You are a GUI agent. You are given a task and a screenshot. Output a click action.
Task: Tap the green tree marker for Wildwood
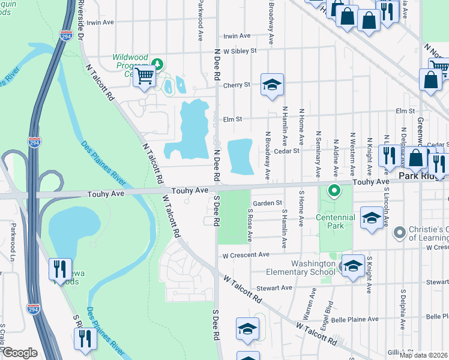[157, 63]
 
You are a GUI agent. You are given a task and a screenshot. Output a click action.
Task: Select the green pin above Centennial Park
[334, 191]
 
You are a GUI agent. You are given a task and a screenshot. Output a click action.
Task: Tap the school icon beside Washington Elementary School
[352, 265]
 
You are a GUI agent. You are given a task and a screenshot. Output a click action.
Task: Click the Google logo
[20, 353]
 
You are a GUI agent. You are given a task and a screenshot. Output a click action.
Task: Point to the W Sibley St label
[240, 50]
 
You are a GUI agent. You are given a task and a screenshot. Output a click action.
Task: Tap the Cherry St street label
[237, 85]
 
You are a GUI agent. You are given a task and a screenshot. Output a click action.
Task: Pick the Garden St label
[267, 203]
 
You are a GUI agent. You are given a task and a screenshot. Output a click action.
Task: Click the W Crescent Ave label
[246, 255]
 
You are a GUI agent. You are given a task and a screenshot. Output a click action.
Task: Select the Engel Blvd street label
[328, 311]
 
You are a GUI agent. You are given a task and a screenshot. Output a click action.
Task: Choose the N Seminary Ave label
[318, 148]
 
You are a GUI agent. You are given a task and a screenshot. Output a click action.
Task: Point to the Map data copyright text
[424, 355]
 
